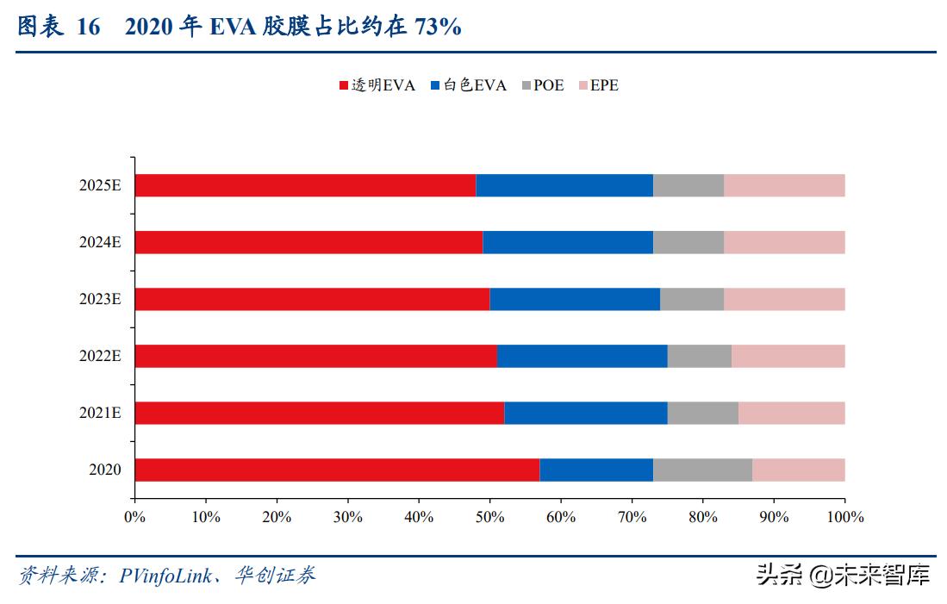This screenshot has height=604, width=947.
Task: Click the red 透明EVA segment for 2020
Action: pos(337,470)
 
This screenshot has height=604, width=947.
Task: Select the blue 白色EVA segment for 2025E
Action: pos(564,185)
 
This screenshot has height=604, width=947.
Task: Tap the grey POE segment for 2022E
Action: pos(699,356)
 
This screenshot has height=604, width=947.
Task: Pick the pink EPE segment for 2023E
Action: pos(784,299)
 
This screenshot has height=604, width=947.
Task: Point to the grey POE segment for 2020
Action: pos(702,470)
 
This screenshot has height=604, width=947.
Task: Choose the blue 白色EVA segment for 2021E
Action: pos(585,413)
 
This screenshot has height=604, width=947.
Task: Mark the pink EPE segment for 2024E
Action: pos(784,242)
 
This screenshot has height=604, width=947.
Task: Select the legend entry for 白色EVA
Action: pos(469,85)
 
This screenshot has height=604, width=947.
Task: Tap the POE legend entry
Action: pos(542,85)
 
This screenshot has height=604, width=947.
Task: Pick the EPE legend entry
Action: pos(598,85)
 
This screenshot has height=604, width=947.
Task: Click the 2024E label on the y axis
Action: pos(100,242)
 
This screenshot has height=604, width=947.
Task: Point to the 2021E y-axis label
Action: pos(100,413)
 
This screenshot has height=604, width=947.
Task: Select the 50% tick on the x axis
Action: pos(489,517)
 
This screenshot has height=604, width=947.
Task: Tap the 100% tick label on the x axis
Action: pos(844,517)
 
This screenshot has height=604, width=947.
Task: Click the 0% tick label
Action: pos(134,517)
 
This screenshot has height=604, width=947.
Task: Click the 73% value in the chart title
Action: pos(438,28)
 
